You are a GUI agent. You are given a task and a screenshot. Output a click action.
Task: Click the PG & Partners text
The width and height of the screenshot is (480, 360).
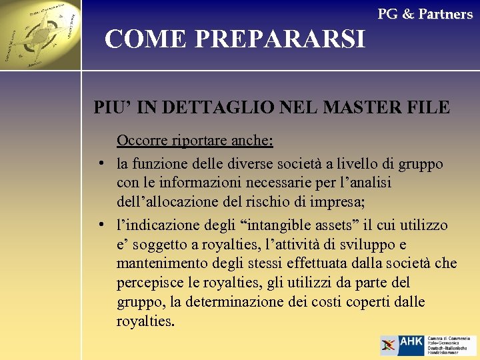click(x=425, y=14)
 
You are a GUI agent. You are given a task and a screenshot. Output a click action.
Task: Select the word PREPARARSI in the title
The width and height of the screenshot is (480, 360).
click(x=280, y=40)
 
